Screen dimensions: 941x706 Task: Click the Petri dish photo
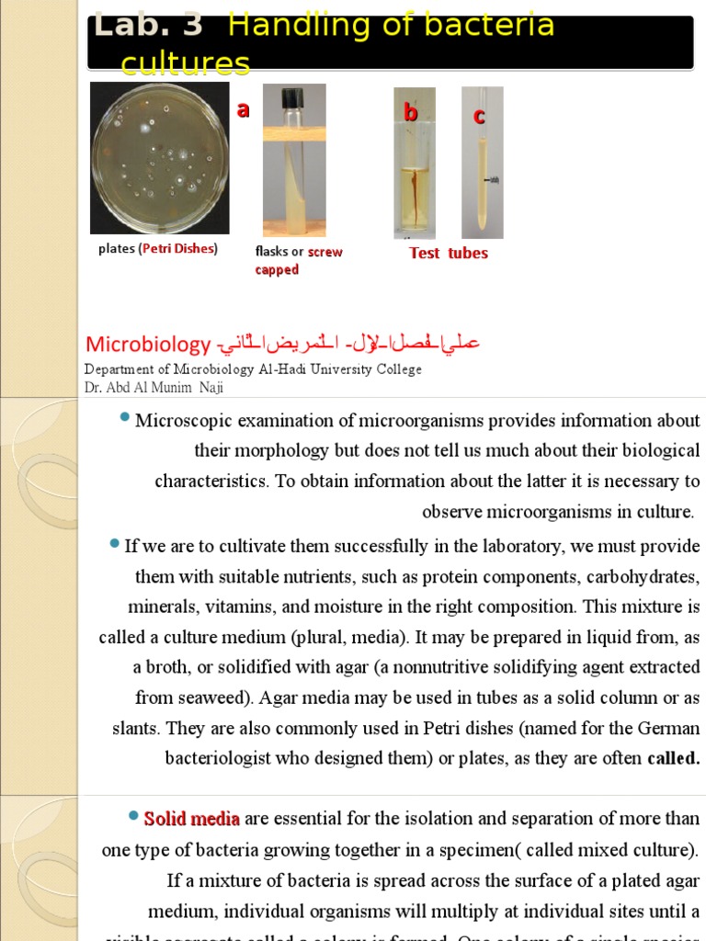159,158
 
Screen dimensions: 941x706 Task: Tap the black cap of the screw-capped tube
293,96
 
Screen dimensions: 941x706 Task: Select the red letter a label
243,110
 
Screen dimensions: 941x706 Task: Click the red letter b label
411,113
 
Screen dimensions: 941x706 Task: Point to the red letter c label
479,116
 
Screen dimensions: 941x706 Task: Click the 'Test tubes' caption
449,253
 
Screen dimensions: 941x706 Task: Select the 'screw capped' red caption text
299,261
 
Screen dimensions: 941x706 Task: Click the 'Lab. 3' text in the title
147,25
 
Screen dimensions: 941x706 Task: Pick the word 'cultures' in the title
186,63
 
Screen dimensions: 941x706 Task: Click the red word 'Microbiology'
148,345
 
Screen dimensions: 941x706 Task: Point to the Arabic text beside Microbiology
348,345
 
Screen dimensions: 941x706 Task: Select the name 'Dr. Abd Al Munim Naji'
154,388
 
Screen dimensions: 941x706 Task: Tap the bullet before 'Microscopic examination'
124,419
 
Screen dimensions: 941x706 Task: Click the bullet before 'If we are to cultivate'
114,544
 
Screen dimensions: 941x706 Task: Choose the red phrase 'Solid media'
191,819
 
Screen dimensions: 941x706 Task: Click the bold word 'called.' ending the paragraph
673,759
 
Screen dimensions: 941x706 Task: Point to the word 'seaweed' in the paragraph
213,697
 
